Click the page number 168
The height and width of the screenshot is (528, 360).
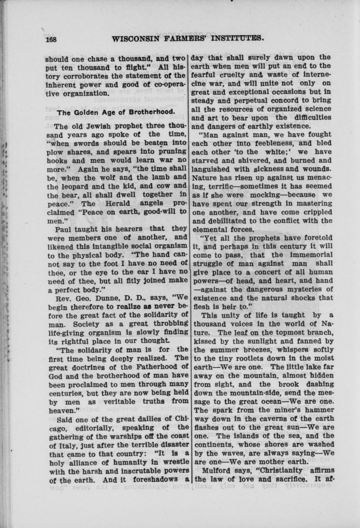51,39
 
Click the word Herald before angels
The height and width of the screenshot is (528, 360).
119,204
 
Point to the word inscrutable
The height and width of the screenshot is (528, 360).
132,471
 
